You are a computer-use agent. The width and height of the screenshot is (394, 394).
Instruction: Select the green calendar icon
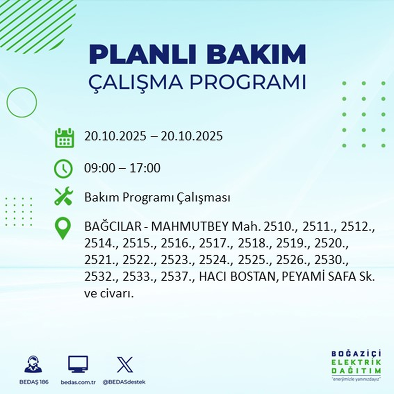click(x=64, y=137)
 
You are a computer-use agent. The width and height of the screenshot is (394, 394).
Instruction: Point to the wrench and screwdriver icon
click(x=64, y=197)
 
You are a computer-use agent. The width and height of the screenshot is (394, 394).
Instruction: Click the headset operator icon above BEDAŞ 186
click(x=33, y=365)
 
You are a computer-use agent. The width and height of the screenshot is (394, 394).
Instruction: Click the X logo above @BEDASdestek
click(x=124, y=365)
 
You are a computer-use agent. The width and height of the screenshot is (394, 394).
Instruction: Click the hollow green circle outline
click(x=22, y=102)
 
